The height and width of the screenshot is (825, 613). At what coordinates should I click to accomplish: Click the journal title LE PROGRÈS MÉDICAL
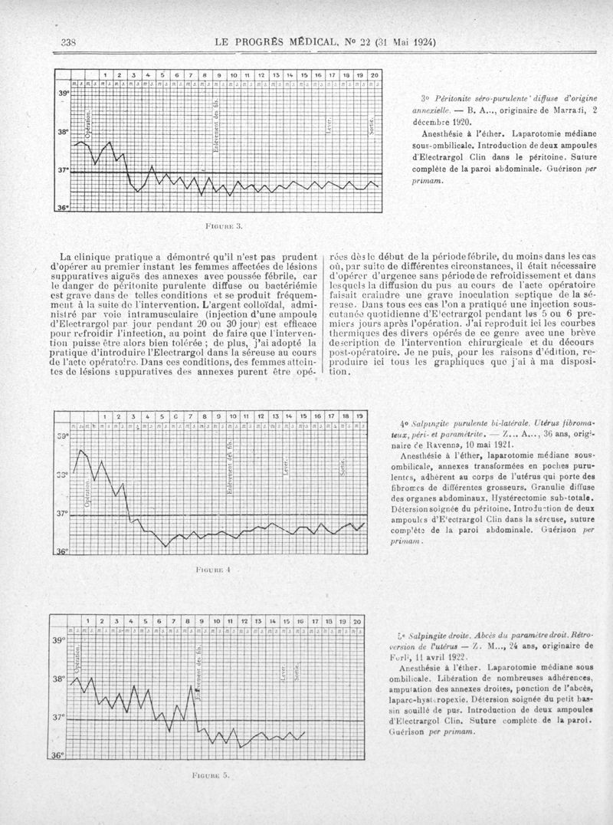click(x=269, y=43)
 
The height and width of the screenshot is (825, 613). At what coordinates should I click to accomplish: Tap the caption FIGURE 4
click(x=214, y=571)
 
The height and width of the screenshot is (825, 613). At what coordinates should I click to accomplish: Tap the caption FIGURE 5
click(x=214, y=775)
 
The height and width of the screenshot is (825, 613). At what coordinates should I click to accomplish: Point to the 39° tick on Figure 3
click(x=62, y=93)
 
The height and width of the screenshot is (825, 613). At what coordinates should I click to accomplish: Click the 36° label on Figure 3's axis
click(x=62, y=207)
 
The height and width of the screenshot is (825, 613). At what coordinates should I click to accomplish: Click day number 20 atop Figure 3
click(x=374, y=74)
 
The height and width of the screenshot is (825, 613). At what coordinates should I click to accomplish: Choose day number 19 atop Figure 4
click(x=360, y=417)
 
